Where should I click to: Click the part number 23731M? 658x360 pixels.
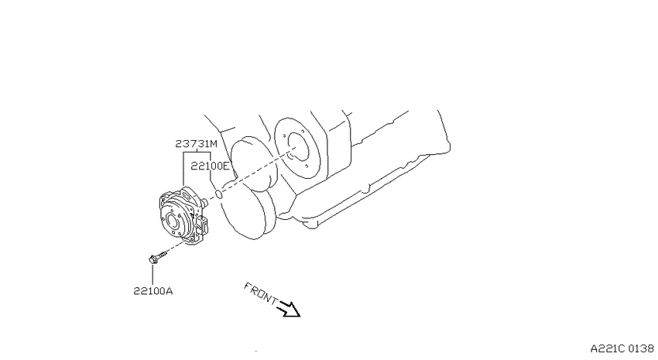(x=196, y=144)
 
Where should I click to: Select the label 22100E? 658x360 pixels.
(x=211, y=166)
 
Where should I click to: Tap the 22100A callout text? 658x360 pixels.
(x=153, y=291)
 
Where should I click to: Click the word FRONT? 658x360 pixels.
(x=260, y=293)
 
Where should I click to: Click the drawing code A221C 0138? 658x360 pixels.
(x=622, y=348)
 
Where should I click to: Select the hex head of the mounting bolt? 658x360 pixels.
(x=153, y=259)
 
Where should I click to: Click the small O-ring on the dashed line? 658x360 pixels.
(x=218, y=194)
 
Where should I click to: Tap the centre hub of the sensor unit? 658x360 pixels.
(x=173, y=221)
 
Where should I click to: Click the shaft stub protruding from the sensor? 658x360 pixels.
(x=204, y=202)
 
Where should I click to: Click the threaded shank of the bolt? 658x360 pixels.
(x=163, y=253)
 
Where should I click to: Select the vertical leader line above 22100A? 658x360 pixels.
(x=153, y=275)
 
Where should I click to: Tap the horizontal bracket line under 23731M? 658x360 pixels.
(x=197, y=153)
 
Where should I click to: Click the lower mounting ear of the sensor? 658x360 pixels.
(x=188, y=241)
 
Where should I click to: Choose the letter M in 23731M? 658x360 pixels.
(x=213, y=144)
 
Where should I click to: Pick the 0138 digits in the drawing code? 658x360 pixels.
(x=642, y=348)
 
